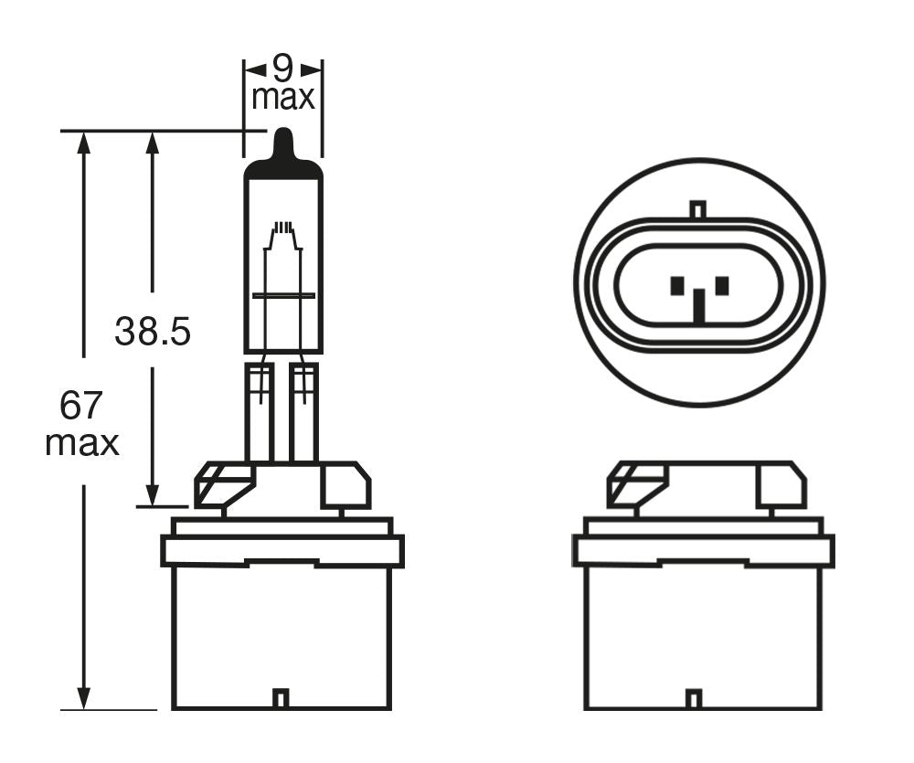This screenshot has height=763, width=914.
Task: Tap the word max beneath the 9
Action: coord(283,97)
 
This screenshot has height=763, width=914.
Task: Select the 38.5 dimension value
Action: coord(153,332)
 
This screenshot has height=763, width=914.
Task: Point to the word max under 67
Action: coord(82,443)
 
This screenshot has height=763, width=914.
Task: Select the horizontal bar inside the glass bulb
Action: coord(283,295)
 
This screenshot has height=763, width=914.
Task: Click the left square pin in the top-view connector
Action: coord(677,286)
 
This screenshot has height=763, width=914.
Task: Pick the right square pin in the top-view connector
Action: coord(722,286)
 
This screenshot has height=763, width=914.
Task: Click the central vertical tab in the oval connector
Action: coord(699,307)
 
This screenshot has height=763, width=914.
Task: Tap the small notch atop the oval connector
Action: coord(698,209)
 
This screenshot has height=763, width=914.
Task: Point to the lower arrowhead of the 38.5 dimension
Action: coord(153,494)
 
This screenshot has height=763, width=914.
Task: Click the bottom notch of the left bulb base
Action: coord(282,698)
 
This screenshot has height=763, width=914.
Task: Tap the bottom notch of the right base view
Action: coord(695,699)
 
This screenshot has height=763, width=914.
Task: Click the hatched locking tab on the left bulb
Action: coord(221,484)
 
